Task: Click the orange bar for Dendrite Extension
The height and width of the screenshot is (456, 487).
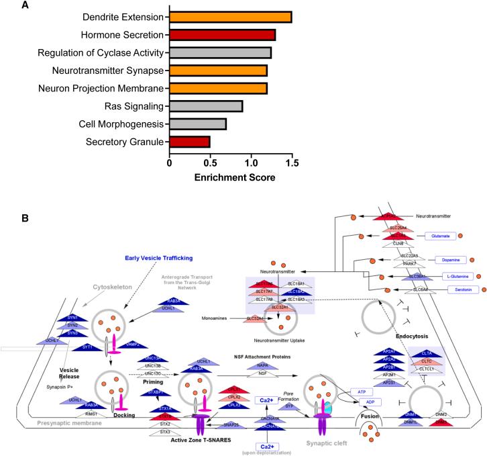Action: click(x=230, y=17)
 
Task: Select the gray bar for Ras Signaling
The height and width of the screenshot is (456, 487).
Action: click(x=205, y=106)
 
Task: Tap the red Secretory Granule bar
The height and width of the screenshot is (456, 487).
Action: click(x=189, y=142)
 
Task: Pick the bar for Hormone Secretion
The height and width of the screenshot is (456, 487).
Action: click(x=222, y=35)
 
